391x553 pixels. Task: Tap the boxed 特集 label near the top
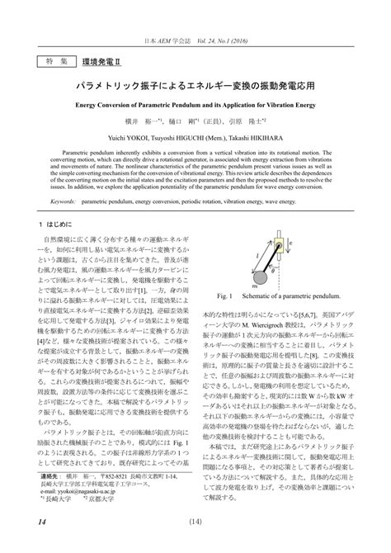[54, 61]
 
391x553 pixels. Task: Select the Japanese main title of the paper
[195, 86]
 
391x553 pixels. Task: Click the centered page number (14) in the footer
[195, 521]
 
